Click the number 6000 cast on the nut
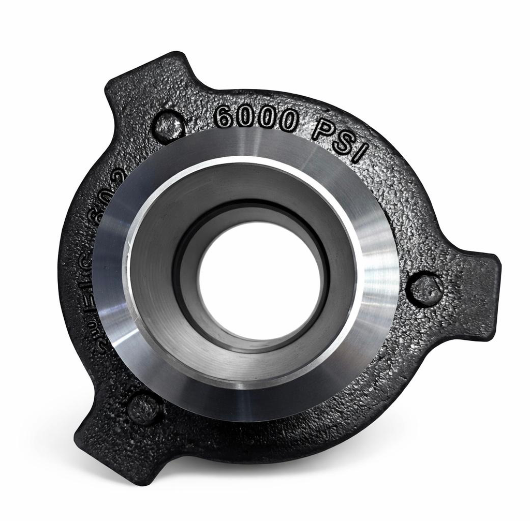tap(256, 118)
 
